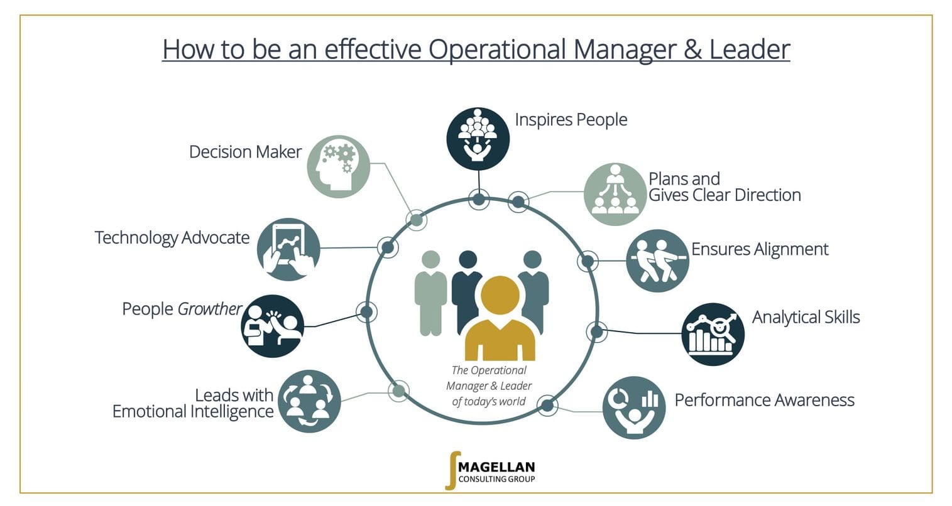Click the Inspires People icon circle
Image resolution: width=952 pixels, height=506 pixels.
point(478,139)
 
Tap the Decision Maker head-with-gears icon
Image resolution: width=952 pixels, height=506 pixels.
point(338,166)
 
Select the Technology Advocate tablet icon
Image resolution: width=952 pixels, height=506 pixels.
point(288,249)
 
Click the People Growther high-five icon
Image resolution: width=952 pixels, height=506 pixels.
point(272,326)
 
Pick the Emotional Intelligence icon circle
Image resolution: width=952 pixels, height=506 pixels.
point(309,401)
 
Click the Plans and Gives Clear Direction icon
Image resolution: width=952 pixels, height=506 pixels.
point(615,194)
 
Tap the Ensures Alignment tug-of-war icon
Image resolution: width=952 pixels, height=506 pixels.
point(657,261)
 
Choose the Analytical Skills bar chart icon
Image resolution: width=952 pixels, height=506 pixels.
point(713,334)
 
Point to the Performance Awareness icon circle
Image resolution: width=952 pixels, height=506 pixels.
point(633,407)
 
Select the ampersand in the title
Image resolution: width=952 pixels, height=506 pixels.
point(692,49)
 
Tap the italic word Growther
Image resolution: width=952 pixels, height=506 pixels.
point(210,309)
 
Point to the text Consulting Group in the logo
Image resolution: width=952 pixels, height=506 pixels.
point(497,480)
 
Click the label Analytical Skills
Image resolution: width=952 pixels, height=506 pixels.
point(806,317)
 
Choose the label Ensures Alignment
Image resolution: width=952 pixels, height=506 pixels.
point(760,249)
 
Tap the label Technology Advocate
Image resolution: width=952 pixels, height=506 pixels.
point(172,238)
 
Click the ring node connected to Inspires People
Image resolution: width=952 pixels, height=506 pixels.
point(479,200)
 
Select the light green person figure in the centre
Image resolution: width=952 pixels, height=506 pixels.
point(430,292)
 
